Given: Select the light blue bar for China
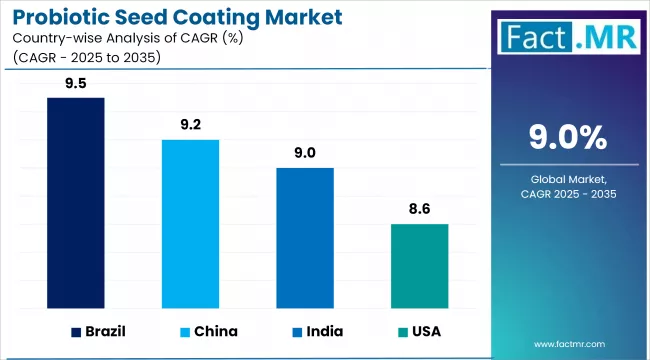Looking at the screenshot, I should click(x=191, y=224).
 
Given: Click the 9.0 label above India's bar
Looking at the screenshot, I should click(x=305, y=153).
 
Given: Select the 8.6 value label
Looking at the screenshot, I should click(x=419, y=211).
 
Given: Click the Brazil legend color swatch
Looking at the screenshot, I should click(x=77, y=331).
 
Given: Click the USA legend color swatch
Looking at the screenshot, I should click(x=402, y=331).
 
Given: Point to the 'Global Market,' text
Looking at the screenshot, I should click(x=568, y=178).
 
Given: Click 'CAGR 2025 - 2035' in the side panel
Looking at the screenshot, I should click(x=568, y=194).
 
